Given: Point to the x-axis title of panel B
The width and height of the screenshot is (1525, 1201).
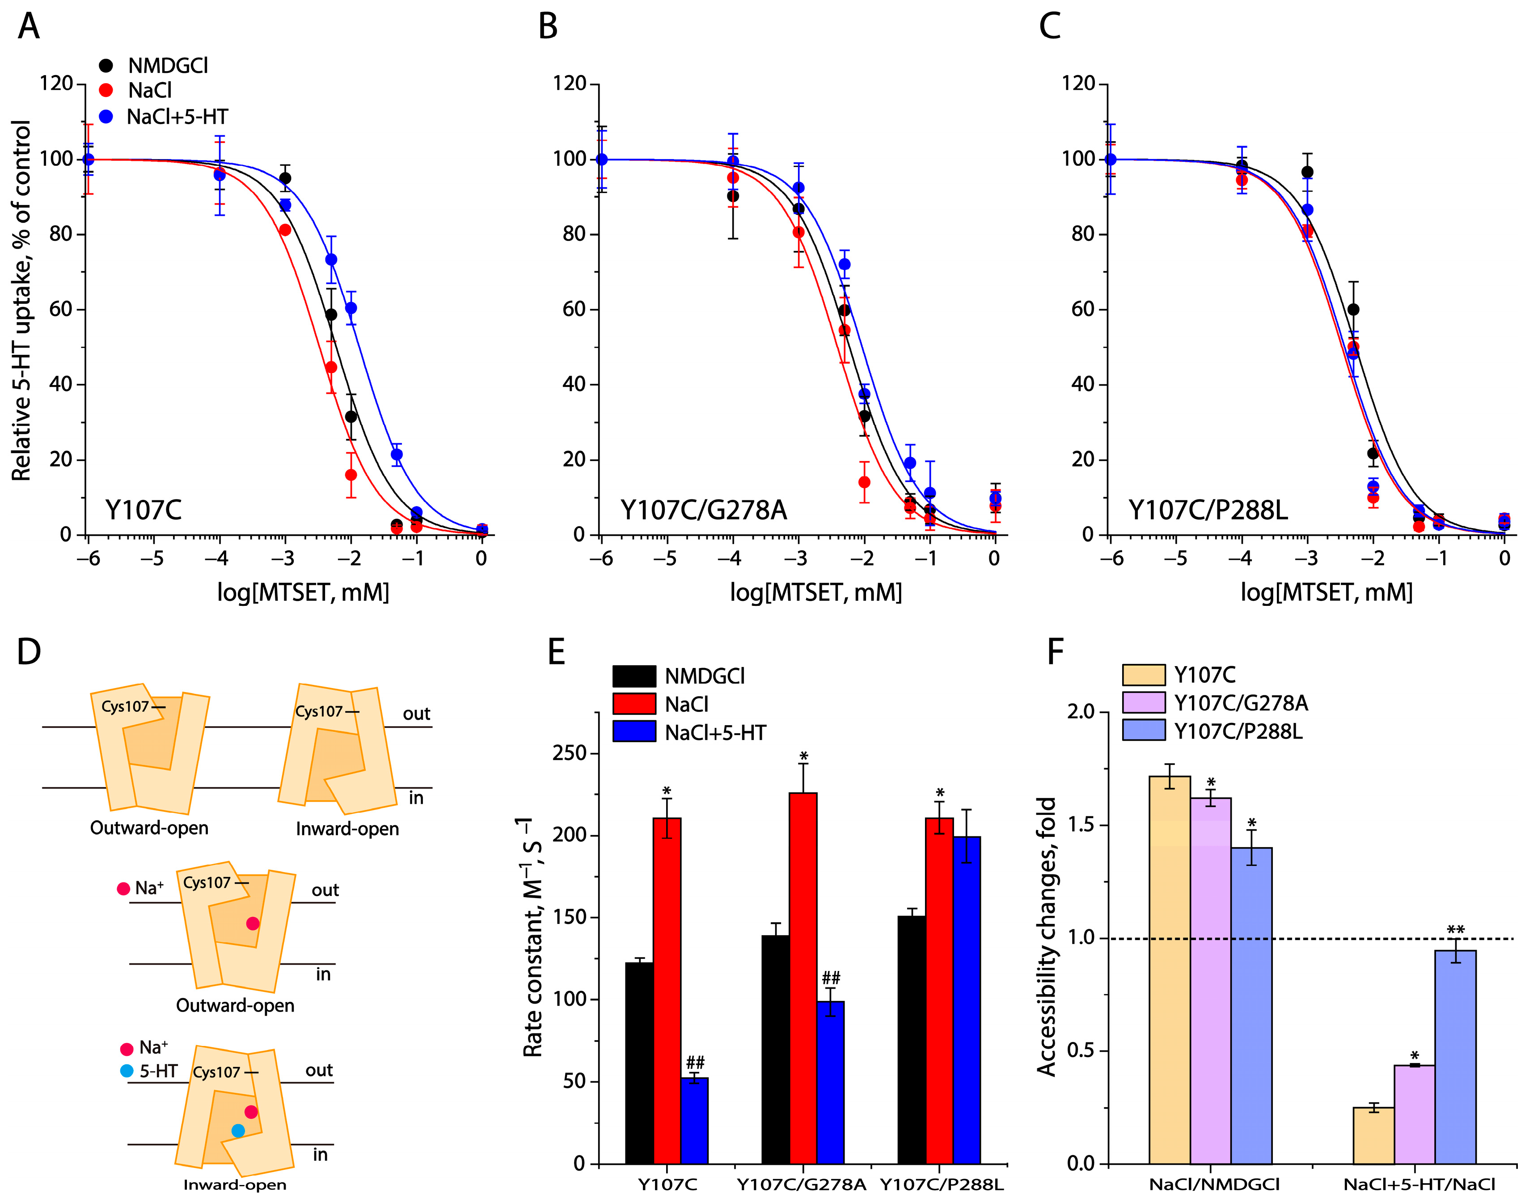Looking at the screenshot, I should [815, 592].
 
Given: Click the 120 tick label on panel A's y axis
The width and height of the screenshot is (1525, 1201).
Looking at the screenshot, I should [56, 84].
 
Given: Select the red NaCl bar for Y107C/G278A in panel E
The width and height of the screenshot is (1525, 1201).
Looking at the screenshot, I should [803, 978].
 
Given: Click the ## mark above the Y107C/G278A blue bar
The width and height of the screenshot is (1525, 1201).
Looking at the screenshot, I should [831, 978].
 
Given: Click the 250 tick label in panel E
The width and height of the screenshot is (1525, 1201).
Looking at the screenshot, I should [569, 753].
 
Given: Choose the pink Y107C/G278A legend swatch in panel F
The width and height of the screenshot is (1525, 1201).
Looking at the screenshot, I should [1144, 702].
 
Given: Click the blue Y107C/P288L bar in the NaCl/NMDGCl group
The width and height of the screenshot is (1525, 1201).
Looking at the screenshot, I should [1251, 1005].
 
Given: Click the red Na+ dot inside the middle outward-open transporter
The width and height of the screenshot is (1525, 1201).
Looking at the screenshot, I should [253, 923].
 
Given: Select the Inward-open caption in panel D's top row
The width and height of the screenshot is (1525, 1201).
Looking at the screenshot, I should [347, 829].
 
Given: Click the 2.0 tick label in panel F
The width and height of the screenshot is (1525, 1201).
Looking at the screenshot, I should [1081, 712].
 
